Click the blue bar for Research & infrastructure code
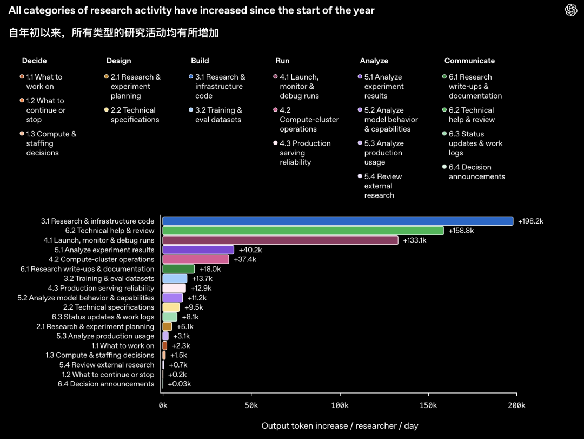click(x=338, y=221)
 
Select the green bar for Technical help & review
click(x=303, y=231)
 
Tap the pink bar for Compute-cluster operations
click(x=196, y=259)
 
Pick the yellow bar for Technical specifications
click(x=171, y=307)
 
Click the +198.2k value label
click(x=531, y=221)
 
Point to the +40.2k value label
click(x=250, y=250)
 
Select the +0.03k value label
click(x=180, y=384)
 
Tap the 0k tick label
click(x=163, y=405)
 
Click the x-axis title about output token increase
click(x=340, y=426)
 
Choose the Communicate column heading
click(x=470, y=61)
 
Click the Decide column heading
click(x=34, y=61)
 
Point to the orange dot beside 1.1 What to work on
click(x=22, y=76)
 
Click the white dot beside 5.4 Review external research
click(x=360, y=176)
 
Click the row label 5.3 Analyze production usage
click(x=105, y=336)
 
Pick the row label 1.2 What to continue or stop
click(x=108, y=375)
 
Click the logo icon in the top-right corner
click(x=571, y=10)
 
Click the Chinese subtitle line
click(x=114, y=33)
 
